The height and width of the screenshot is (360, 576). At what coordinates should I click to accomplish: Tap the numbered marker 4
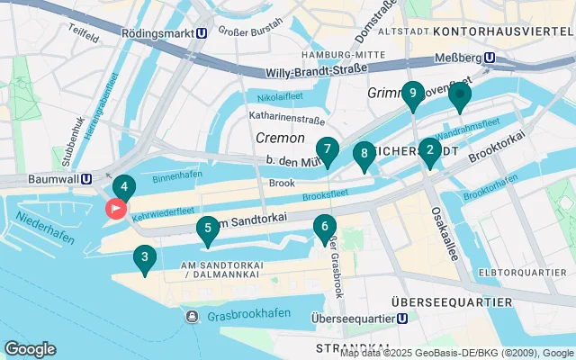point(124,188)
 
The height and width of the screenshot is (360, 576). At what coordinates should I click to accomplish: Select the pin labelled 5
point(208,229)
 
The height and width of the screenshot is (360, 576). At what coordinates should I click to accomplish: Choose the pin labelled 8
point(364,155)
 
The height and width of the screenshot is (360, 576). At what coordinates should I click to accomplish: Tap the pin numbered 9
point(412,94)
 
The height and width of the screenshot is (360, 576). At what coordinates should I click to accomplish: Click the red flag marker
point(116,209)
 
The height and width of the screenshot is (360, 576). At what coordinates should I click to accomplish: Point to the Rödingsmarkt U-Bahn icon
point(204,31)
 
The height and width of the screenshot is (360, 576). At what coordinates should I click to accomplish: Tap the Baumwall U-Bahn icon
point(85,178)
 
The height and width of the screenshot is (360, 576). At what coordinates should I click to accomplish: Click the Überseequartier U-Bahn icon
point(403,318)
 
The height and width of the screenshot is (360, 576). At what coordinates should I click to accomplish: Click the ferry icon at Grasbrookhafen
point(193,317)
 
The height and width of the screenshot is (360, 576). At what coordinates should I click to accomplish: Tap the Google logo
point(30,349)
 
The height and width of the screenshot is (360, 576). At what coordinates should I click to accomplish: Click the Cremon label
point(280,139)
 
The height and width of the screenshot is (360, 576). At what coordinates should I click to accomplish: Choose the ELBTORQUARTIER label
point(521,272)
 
